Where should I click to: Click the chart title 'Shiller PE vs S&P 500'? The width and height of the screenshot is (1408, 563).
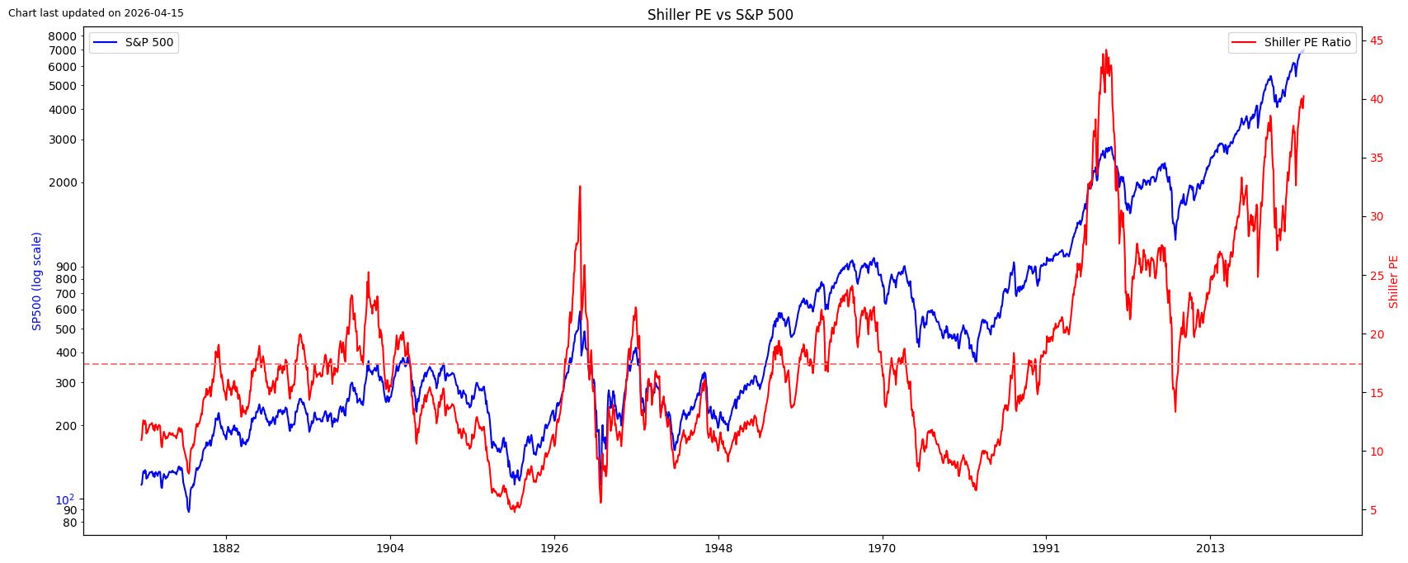[x=720, y=15]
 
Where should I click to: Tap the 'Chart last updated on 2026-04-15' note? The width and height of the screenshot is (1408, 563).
[x=97, y=13]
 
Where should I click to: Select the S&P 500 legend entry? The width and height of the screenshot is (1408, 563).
[x=134, y=43]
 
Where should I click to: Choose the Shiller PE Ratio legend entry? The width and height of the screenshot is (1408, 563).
[x=1292, y=43]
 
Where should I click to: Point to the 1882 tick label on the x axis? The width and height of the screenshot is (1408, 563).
[x=226, y=548]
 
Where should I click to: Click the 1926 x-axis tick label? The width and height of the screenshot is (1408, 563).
[x=554, y=548]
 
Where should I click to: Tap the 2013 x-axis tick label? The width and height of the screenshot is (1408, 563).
[x=1211, y=548]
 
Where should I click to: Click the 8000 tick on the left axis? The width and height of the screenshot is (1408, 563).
[x=62, y=36]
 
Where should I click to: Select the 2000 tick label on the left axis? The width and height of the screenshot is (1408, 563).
[x=62, y=183]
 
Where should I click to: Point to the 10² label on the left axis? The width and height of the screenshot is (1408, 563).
[x=64, y=500]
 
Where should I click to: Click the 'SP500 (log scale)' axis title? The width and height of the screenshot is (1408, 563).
[x=36, y=281]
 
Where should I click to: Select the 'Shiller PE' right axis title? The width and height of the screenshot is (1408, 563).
[x=1393, y=281]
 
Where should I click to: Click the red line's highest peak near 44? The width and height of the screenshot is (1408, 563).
[x=1105, y=50]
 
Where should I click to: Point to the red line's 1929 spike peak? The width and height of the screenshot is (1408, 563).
[x=580, y=187]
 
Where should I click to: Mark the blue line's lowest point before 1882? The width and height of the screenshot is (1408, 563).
[x=189, y=512]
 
